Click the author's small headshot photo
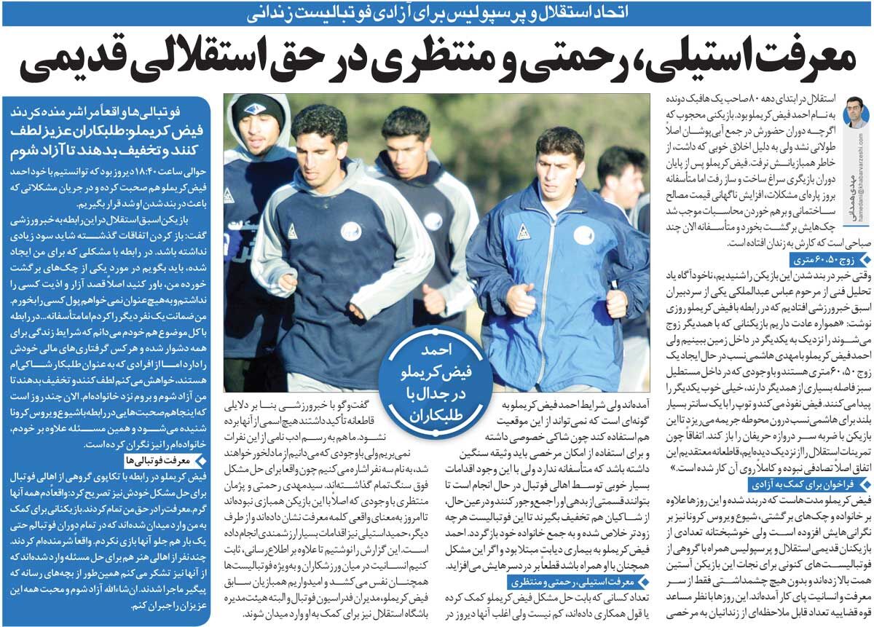(854, 113)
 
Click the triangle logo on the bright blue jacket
(523, 232)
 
